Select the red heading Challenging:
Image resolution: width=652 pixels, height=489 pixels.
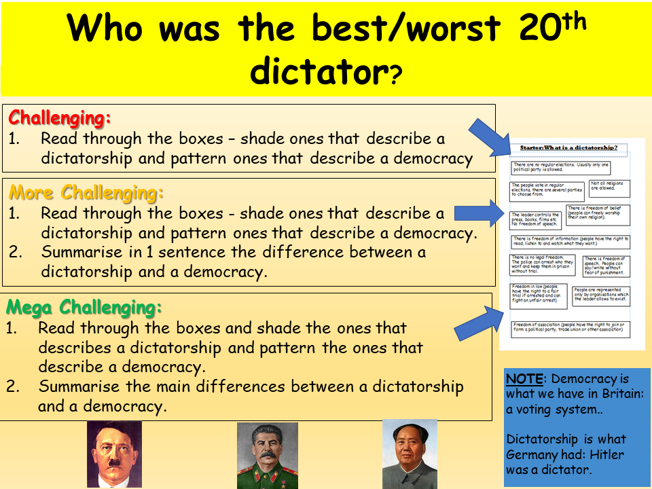click(60, 117)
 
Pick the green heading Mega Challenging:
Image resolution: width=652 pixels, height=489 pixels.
click(84, 308)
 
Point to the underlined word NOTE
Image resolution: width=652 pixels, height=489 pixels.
click(524, 379)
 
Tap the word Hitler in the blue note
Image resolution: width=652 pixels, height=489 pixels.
click(606, 455)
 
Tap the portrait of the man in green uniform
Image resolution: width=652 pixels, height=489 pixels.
click(267, 455)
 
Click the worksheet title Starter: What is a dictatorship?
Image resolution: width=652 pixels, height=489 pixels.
click(569, 147)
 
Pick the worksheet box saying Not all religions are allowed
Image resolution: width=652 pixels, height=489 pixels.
click(609, 186)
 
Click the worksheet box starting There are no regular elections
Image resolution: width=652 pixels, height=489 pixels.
click(562, 167)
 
